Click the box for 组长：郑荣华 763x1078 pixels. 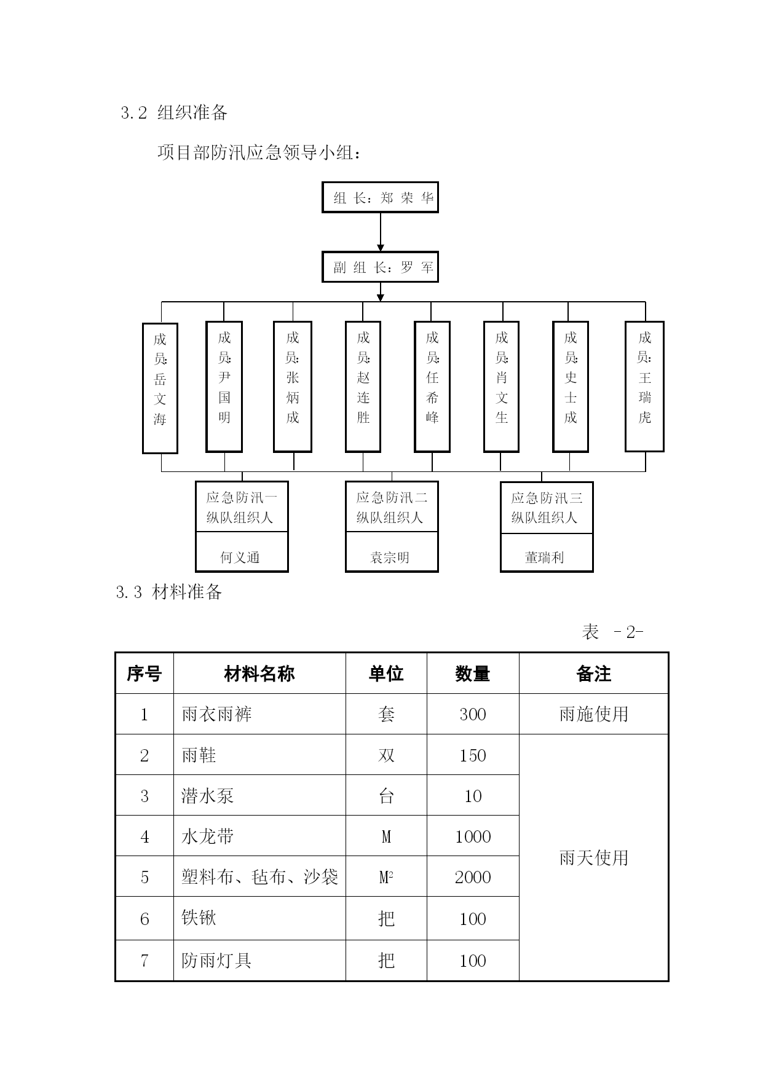(380, 197)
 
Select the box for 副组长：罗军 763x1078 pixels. (380, 267)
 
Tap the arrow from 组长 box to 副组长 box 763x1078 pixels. (380, 232)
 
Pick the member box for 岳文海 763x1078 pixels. (160, 388)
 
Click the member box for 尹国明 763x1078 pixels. (224, 387)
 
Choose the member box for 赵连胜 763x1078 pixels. (363, 387)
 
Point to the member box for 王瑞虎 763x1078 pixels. (644, 387)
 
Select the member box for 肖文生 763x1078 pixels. (501, 387)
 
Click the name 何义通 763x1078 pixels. (240, 557)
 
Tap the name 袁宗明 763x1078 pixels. (390, 557)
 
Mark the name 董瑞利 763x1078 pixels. (545, 557)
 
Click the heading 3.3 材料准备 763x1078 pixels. (169, 592)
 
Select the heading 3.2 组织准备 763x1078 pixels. (175, 112)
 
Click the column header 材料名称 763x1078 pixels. (259, 674)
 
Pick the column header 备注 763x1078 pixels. (593, 674)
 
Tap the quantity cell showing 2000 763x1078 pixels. (473, 877)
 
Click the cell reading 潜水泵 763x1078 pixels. (208, 796)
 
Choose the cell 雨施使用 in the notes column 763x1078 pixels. (594, 714)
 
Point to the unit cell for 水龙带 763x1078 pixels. (386, 836)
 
